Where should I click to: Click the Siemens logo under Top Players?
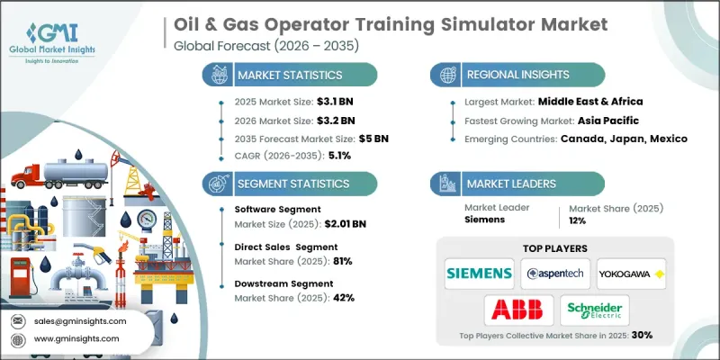pos(479,272)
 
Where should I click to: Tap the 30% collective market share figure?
pos(641,335)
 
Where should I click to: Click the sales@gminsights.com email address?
pos(81,320)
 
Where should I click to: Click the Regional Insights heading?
pos(517,74)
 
